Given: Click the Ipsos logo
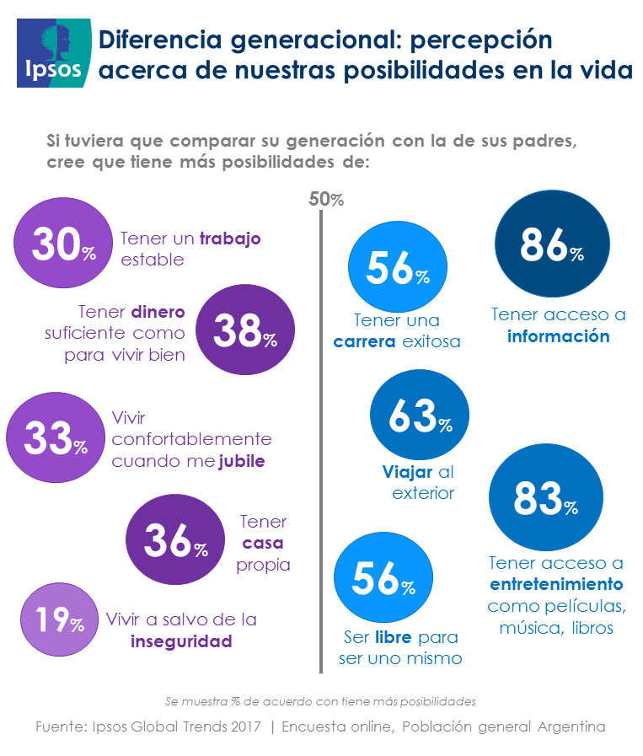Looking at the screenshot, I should tap(53, 52).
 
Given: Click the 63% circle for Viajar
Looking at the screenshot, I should tap(420, 415).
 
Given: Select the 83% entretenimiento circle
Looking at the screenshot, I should tap(545, 499).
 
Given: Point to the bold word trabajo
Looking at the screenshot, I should tap(230, 239).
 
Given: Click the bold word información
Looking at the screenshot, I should tap(558, 335).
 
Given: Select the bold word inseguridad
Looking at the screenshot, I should tap(181, 641).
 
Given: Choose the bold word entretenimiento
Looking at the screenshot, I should tap(556, 584).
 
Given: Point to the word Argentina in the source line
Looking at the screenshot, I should tap(566, 726).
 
